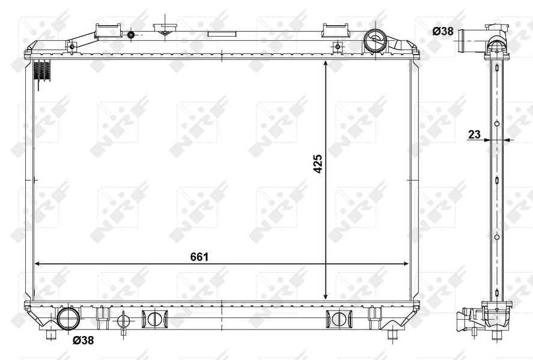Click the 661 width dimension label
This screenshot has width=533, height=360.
(199, 257)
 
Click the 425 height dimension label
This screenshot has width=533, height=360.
(317, 164)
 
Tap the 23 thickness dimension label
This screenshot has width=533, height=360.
(474, 134)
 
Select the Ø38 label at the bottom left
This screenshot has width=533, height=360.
(83, 340)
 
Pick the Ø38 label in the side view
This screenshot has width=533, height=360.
(443, 31)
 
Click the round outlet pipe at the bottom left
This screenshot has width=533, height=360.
(69, 318)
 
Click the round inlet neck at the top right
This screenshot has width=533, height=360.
(375, 40)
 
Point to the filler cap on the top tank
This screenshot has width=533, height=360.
(165, 29)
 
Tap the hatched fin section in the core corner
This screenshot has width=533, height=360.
(43, 71)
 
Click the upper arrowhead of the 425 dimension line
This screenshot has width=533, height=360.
(326, 64)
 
